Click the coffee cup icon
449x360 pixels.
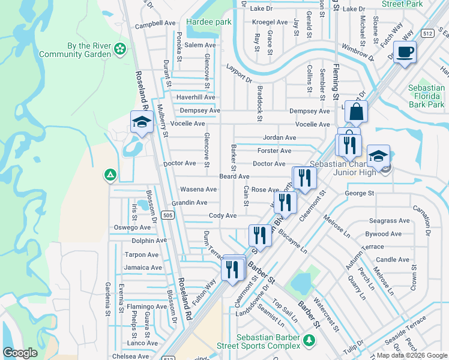[406, 53]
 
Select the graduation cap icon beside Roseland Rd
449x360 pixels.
[142, 122]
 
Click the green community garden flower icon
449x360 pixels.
[120, 49]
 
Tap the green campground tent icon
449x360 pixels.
[110, 175]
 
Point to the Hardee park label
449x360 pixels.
[208, 22]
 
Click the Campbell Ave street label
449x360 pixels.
[155, 25]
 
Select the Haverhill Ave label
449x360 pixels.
[195, 97]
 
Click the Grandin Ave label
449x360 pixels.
[189, 203]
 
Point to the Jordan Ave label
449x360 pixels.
[279, 137]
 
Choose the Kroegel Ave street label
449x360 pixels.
[270, 22]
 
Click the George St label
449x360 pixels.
[360, 193]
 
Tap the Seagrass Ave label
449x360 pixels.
[389, 221]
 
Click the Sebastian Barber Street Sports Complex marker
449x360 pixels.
[309, 341]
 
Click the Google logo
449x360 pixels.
[20, 353]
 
